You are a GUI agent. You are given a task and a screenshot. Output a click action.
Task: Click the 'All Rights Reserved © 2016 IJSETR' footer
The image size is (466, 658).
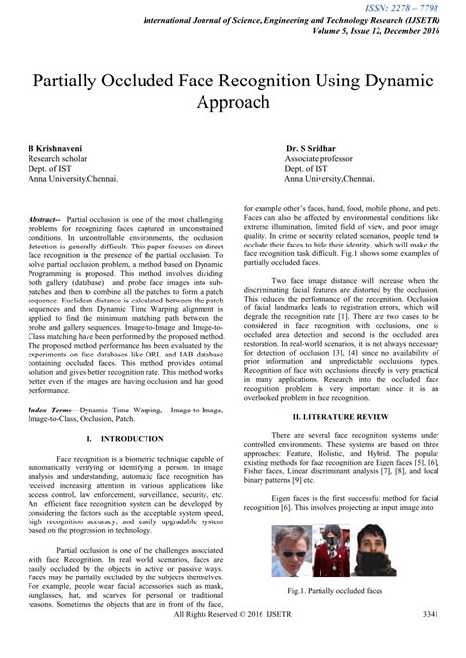pyautogui.click(x=232, y=641)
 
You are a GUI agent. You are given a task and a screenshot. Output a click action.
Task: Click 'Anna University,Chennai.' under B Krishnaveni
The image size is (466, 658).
pyautogui.click(x=73, y=181)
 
